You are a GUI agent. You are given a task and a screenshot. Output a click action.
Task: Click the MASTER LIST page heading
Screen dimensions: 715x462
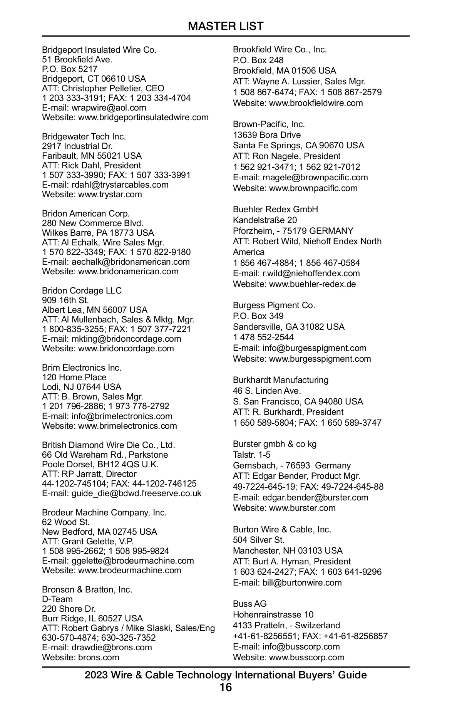click(x=226, y=26)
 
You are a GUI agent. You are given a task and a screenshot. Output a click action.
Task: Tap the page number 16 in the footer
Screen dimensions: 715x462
click(x=226, y=687)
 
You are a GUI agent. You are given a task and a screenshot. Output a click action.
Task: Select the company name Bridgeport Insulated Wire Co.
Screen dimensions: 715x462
click(x=99, y=50)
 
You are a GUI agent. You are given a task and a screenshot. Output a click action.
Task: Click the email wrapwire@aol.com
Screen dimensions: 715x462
click(x=109, y=107)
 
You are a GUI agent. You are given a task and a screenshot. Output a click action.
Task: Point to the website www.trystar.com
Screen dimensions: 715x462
click(x=110, y=194)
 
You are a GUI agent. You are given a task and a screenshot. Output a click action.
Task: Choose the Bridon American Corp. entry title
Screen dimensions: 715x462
click(x=86, y=213)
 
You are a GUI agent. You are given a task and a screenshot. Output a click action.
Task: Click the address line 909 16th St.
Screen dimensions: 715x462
click(x=65, y=300)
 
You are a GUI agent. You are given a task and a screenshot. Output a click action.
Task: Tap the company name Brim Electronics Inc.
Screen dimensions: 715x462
click(x=82, y=368)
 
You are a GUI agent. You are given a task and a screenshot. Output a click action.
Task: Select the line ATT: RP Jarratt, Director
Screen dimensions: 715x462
click(x=89, y=474)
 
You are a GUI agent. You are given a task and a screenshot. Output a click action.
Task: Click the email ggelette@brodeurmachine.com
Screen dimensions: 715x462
click(x=133, y=561)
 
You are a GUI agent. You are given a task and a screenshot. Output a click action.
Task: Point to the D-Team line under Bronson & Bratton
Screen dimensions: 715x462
click(x=57, y=599)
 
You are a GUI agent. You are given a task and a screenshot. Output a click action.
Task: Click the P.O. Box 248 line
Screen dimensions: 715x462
click(x=258, y=60)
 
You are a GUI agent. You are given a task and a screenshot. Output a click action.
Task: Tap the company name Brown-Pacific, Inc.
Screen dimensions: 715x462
click(x=269, y=124)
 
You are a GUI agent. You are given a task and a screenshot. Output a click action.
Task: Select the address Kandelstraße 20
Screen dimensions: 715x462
click(x=265, y=220)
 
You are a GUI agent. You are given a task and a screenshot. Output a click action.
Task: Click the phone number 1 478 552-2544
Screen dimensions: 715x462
click(x=263, y=337)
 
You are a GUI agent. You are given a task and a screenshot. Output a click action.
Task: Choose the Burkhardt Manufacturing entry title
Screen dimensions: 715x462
click(x=281, y=380)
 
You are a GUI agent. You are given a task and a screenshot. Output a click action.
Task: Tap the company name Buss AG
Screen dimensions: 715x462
click(x=250, y=604)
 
